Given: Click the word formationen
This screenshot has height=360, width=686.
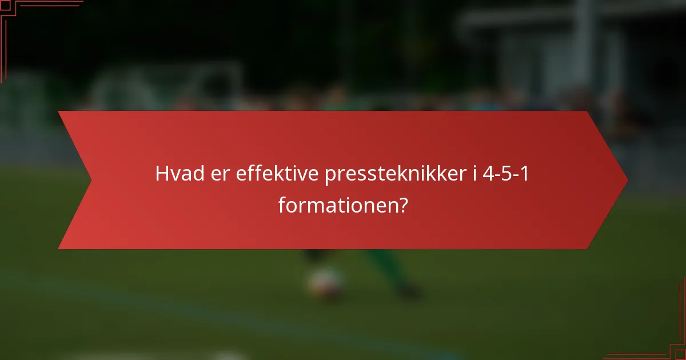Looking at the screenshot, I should click(x=337, y=205).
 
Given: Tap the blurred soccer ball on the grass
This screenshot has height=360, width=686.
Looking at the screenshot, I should click(x=325, y=282).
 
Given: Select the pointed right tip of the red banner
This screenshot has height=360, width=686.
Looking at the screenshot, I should click(x=627, y=180).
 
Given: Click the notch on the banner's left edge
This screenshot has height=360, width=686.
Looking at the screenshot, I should click(x=90, y=180).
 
